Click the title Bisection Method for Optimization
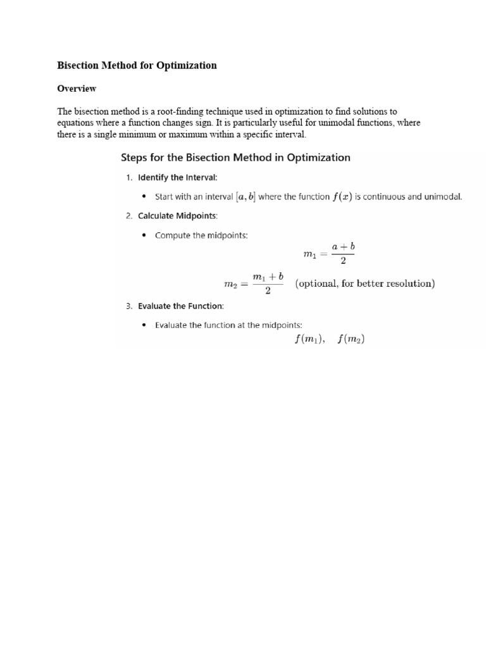point(137,65)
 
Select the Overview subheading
point(77,89)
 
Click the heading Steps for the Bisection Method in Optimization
point(235,158)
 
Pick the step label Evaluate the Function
point(180,306)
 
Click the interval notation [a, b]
point(246,197)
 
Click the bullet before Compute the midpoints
point(144,236)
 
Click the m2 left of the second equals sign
point(230,285)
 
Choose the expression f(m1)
point(309,339)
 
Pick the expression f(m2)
point(351,339)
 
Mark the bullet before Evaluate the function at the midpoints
point(144,326)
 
